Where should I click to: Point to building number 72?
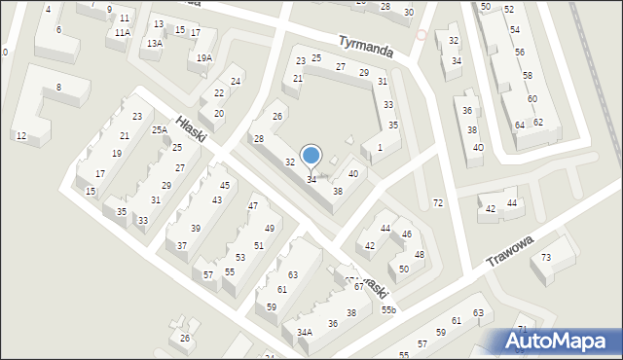[438, 202]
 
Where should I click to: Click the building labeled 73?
[546, 257]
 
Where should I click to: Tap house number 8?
[58, 88]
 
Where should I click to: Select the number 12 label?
[21, 135]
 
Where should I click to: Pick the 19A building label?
[203, 57]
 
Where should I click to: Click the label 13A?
[155, 44]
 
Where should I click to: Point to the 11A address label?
[122, 32]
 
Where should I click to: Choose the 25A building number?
[160, 129]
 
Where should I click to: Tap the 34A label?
[305, 333]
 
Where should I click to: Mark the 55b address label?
[388, 309]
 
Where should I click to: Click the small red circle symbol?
[421, 34]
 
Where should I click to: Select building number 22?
[219, 93]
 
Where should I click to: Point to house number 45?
[225, 185]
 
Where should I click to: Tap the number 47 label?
[253, 205]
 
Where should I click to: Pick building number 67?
[358, 286]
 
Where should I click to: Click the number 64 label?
[520, 125]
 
